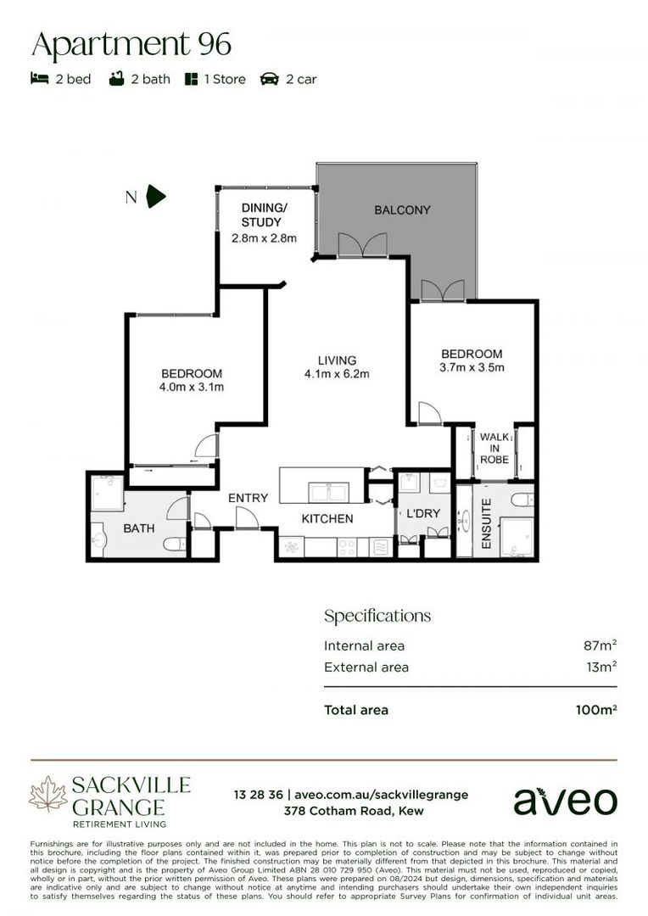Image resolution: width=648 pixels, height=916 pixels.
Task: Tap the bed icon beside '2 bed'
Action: coord(39,79)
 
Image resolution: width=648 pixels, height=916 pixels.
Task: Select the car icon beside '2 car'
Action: coord(271,79)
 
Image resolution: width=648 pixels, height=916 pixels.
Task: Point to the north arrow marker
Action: coord(156,197)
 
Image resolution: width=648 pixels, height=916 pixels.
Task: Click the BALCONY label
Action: coord(403,209)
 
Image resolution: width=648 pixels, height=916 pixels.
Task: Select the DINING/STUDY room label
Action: coord(264,215)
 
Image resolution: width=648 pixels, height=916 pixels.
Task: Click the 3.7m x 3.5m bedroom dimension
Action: coord(472,368)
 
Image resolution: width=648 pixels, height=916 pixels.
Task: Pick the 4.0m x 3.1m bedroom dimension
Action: coord(192,388)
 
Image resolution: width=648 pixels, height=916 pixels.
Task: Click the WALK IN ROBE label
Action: coord(494,448)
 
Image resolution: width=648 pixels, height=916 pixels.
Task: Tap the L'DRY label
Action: coord(422,515)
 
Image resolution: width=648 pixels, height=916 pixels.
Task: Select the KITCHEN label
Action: coord(327,518)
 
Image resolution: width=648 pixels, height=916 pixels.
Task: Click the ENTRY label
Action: coord(248,498)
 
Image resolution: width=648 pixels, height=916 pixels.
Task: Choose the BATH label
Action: coord(139,528)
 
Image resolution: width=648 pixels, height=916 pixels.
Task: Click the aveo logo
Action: coord(565,800)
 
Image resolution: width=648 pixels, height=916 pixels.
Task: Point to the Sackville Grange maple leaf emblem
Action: coord(47,795)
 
